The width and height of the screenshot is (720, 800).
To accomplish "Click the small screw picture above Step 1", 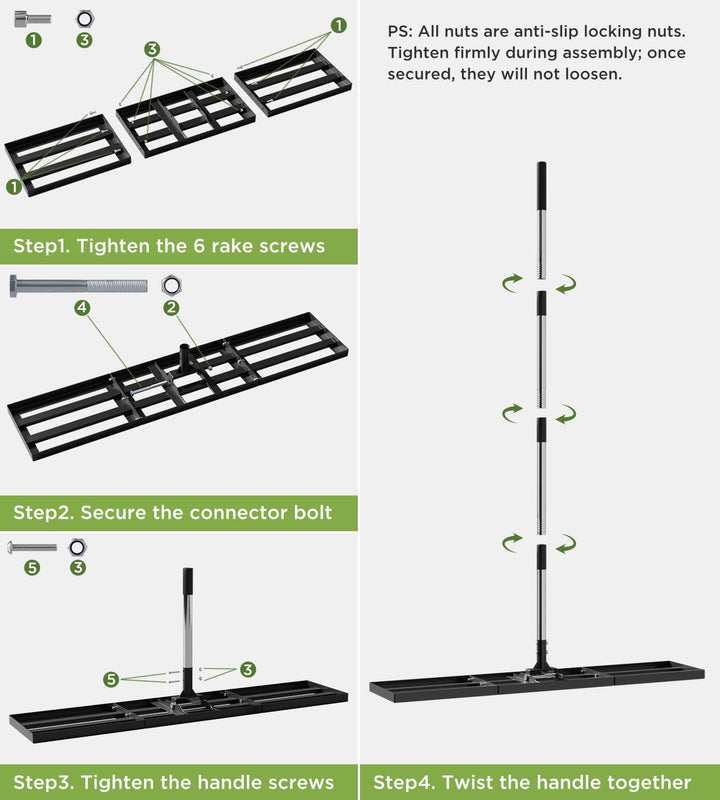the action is [32, 19].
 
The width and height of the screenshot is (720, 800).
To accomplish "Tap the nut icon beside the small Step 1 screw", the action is [85, 19].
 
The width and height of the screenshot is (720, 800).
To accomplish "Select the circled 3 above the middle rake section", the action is [152, 49].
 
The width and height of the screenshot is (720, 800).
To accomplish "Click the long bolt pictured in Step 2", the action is [79, 286].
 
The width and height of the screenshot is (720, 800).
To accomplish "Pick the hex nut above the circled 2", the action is [171, 285].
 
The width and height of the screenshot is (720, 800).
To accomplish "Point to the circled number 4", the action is [82, 308].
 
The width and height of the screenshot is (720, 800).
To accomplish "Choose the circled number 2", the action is [171, 308].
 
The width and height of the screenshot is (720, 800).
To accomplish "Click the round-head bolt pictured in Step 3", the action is [32, 547].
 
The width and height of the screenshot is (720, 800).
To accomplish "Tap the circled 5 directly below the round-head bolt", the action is [32, 567].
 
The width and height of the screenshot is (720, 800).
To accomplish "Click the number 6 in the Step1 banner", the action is [199, 246].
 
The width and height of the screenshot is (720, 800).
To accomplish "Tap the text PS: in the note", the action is [400, 32].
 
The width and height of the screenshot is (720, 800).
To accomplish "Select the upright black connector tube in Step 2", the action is [184, 355].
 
